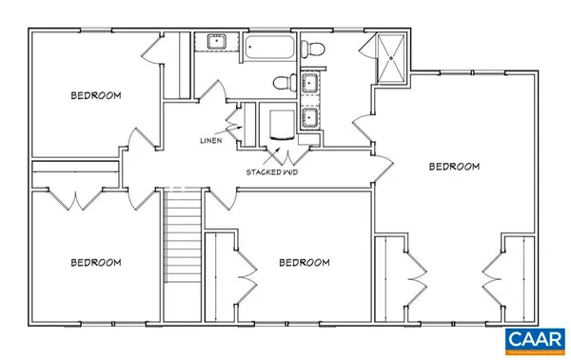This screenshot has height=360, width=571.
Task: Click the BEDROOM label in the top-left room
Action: pos(95,95)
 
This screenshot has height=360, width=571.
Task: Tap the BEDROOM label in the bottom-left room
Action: pos(95,263)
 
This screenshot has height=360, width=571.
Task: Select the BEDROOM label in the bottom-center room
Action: pos(303,263)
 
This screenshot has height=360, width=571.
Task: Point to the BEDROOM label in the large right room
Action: pos(453,167)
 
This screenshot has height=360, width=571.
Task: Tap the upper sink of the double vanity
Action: pos(310,84)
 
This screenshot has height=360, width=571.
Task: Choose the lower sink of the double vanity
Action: pos(310,119)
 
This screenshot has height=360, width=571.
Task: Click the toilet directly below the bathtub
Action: pos(281,82)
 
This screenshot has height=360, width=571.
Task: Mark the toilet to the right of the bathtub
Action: pos(314,48)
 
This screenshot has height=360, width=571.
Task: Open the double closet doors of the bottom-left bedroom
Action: pos(74,199)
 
